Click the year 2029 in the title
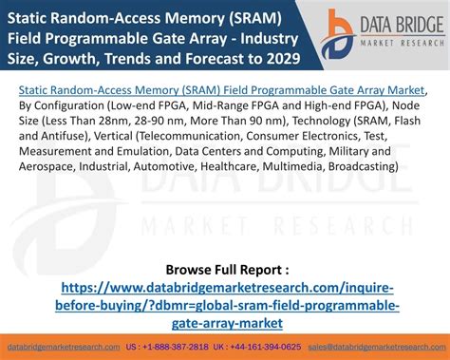[284, 59]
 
